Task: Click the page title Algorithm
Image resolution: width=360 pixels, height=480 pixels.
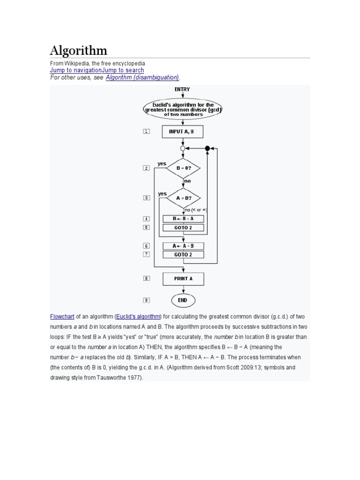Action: tap(79, 50)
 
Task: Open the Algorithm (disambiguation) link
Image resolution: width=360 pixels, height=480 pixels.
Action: tap(142, 77)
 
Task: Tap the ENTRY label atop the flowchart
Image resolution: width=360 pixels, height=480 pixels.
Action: tap(182, 89)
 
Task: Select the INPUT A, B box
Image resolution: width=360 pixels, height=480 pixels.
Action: tap(183, 132)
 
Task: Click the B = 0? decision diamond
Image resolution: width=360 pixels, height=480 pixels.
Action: tap(183, 167)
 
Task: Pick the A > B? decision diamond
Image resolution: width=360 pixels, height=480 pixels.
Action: tap(183, 198)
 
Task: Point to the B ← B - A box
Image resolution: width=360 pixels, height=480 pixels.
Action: tap(183, 219)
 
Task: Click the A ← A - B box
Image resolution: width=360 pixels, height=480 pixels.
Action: tap(183, 246)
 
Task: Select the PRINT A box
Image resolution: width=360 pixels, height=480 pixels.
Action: tap(183, 278)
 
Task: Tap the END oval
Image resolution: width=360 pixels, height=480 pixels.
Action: tap(183, 300)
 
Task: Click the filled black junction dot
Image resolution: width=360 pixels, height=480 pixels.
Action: tap(207, 148)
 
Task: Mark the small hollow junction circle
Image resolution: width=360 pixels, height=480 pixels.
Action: tap(183, 148)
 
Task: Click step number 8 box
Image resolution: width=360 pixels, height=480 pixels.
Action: tap(146, 278)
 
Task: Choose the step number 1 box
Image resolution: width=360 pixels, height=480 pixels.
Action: tap(146, 132)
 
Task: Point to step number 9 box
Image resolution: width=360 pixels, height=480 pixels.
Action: tap(146, 300)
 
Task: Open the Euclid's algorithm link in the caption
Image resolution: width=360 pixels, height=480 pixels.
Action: tap(139, 316)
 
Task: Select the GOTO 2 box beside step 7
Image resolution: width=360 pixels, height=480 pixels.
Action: tap(183, 255)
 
